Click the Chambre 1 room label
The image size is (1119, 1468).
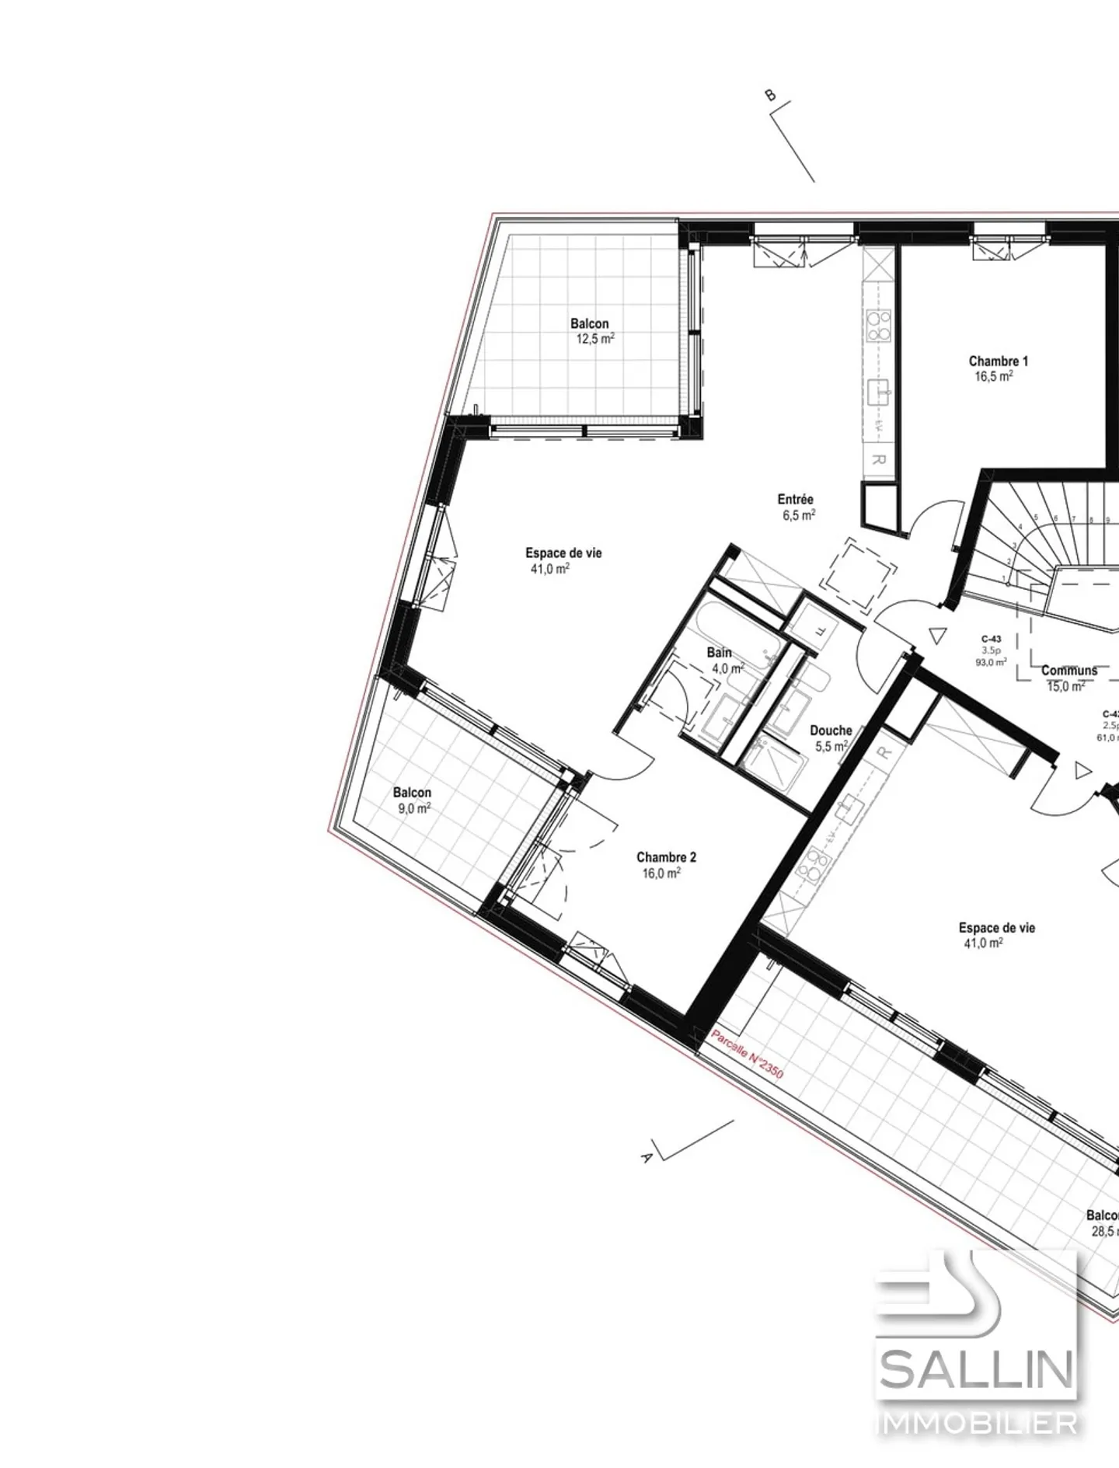coord(998,361)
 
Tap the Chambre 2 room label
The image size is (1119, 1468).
coord(666,857)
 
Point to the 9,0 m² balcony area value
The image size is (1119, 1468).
coord(414,808)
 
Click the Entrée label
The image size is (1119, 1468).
coord(795,500)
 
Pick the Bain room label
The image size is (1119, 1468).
coord(719,653)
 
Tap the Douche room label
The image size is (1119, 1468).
coord(831,731)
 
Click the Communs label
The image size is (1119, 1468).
coord(1069,671)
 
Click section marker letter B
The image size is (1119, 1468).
coord(770,96)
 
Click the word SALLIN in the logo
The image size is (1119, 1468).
coord(977,1371)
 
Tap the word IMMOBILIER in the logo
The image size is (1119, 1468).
coord(977,1424)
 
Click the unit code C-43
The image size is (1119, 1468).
coord(991,639)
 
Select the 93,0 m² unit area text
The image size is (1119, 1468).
coord(991,662)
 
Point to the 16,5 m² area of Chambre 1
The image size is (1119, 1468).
coord(994,377)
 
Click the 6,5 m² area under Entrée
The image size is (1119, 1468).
coord(798,514)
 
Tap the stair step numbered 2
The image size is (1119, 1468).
coord(1009,561)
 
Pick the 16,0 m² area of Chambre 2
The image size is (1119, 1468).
coord(661,873)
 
